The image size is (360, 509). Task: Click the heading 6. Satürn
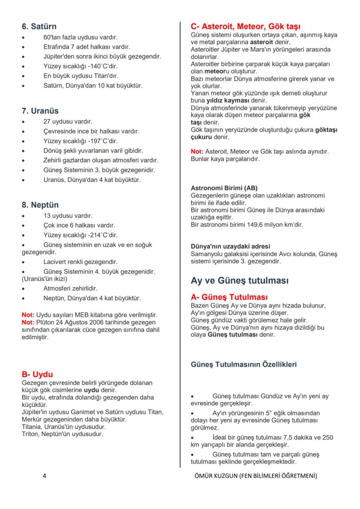(39, 27)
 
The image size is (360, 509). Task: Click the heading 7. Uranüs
(40, 111)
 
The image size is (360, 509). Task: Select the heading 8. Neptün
(40, 205)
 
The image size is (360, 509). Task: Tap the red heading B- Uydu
(37, 374)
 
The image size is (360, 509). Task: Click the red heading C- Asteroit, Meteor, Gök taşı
(246, 27)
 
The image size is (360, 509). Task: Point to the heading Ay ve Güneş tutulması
(240, 281)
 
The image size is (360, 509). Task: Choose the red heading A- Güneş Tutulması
(229, 297)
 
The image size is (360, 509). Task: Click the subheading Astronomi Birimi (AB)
(224, 188)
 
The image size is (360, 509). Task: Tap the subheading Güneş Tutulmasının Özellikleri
(244, 364)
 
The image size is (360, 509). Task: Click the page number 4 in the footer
(44, 476)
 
